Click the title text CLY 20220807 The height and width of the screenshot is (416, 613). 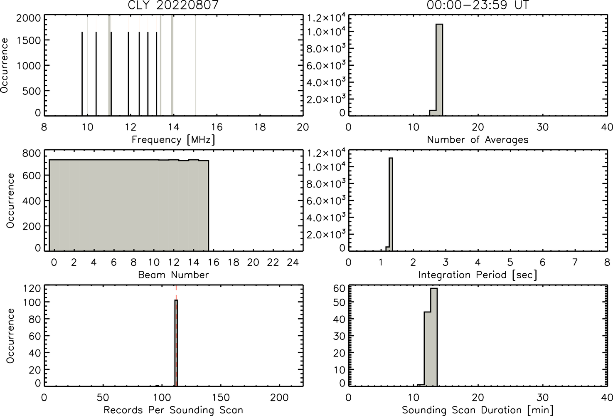173,5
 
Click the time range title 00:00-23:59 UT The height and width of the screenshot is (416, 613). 478,5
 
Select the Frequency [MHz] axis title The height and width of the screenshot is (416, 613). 173,140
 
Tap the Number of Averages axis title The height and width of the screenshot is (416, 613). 478,140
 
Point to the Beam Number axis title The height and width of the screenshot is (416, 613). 173,275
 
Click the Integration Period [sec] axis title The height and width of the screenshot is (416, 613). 478,275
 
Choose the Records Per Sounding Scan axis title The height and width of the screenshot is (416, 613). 173,410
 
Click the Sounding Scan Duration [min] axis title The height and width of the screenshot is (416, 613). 478,410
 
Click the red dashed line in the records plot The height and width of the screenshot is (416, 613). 176,336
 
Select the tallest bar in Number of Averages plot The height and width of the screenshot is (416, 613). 439,70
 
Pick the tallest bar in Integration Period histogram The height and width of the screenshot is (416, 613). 391,204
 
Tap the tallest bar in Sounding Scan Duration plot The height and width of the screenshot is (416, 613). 434,337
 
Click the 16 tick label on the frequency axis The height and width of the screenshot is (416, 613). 217,127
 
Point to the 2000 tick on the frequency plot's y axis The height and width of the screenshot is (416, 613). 28,18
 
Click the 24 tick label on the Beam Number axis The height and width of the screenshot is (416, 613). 293,262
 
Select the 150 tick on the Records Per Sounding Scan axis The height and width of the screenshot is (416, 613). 221,397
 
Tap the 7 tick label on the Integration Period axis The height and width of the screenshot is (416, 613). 575,262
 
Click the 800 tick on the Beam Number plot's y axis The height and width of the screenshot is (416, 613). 32,153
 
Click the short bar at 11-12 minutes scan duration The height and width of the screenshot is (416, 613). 421,385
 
